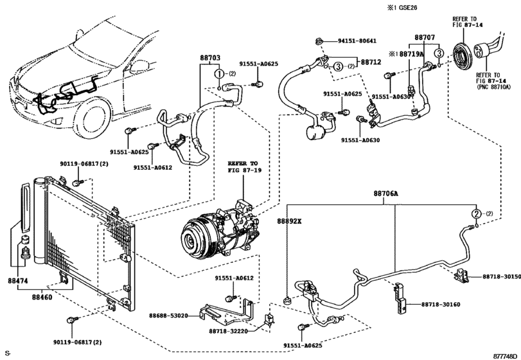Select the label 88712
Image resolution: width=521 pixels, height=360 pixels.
(x=371, y=62)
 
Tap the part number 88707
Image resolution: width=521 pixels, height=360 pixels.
(x=425, y=39)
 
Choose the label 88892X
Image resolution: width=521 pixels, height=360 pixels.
(x=289, y=221)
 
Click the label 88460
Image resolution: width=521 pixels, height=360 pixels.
(x=42, y=298)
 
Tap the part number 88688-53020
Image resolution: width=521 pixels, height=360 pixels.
(x=168, y=316)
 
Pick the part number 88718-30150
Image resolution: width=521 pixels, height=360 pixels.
(x=502, y=276)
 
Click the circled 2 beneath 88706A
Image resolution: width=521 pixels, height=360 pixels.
(x=476, y=214)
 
